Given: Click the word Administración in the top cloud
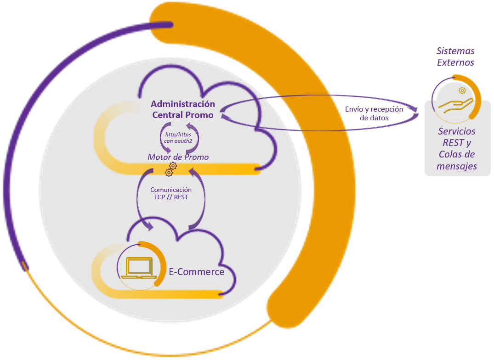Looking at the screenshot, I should (183, 104).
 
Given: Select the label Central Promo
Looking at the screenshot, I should (183, 115).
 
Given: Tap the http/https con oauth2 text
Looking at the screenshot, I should (178, 137).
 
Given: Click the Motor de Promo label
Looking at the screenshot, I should (178, 157).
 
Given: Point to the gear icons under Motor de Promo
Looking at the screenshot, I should (170, 169).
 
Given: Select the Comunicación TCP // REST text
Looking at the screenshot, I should (171, 193).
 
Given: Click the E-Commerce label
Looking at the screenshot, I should (197, 271).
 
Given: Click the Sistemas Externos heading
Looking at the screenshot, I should (455, 56).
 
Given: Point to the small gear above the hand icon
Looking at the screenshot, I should (462, 90).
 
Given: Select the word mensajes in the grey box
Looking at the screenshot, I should (458, 166).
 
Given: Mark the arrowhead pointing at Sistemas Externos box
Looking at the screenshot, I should (415, 109).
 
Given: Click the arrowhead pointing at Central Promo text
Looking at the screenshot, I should (223, 109).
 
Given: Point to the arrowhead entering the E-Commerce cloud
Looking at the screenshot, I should (149, 225).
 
